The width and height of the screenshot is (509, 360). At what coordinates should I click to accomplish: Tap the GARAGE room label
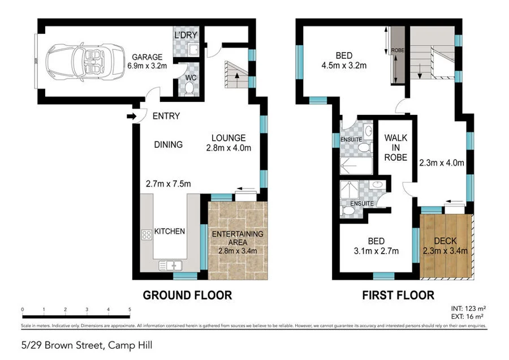[147, 57]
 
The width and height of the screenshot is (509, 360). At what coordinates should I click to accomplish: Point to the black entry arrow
[131, 117]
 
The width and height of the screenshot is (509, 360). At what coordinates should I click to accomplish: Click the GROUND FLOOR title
[187, 295]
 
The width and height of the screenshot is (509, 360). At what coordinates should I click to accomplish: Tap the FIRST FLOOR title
[398, 295]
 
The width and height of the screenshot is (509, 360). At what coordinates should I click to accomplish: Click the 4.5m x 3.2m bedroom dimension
[344, 66]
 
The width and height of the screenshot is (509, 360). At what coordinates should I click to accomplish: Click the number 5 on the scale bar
[130, 310]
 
